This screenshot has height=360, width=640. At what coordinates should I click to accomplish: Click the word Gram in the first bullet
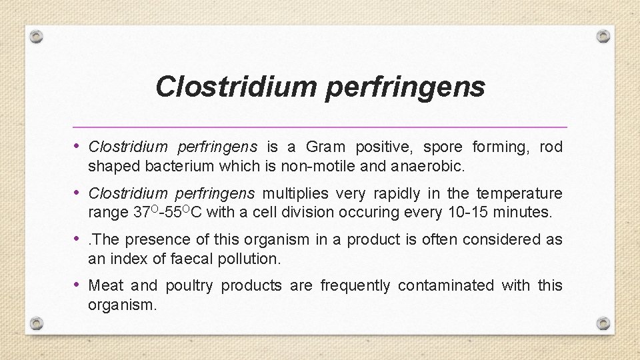coord(327,147)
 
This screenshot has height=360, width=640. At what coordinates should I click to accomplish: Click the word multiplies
coord(296,193)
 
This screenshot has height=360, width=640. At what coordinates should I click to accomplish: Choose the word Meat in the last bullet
coord(106,285)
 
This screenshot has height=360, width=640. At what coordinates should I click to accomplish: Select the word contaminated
coord(447,285)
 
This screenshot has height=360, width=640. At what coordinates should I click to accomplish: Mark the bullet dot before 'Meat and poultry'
coord(78,285)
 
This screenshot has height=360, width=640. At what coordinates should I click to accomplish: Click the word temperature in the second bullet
coord(519,193)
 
